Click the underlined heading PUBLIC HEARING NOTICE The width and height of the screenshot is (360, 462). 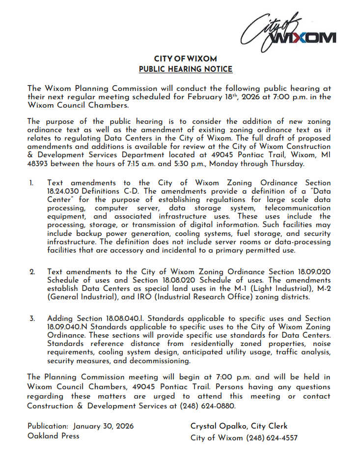point(186,69)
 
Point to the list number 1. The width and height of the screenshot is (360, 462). point(31,183)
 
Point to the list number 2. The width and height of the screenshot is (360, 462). point(32,272)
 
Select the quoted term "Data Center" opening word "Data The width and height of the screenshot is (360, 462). point(320,191)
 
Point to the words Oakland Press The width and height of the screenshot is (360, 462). point(53,435)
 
